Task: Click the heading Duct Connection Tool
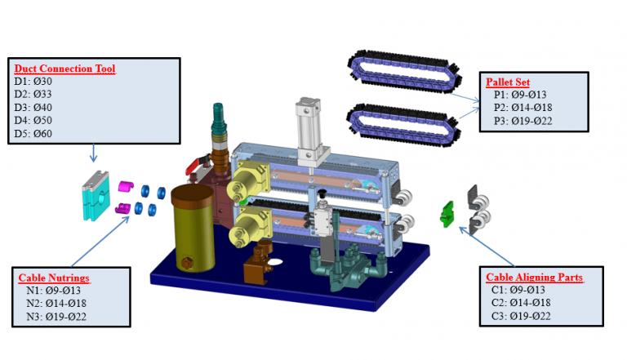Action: tap(64, 69)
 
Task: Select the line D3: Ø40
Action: tap(33, 107)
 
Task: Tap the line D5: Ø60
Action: tap(33, 133)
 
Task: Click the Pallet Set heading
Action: tap(508, 82)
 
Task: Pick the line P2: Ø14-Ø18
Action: tap(523, 107)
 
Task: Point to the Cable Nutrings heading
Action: tap(54, 278)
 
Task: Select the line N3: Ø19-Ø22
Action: tap(56, 317)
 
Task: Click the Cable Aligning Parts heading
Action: tap(534, 277)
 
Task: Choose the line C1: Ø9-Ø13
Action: tap(518, 290)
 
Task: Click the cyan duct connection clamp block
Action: tap(96, 196)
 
